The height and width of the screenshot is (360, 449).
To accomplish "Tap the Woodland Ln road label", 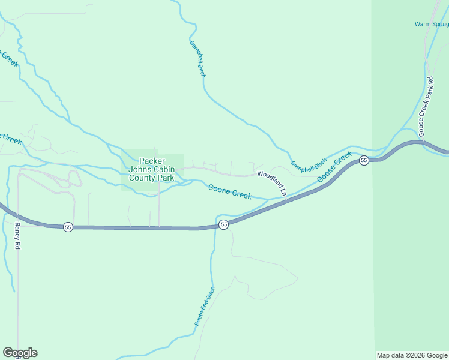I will click(272, 182).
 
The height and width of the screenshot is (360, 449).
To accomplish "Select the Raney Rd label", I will click(17, 237).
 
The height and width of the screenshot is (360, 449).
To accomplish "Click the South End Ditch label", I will click(204, 307).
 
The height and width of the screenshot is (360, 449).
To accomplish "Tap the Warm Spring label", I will click(432, 24).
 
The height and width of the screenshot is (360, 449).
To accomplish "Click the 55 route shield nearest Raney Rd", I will click(68, 227).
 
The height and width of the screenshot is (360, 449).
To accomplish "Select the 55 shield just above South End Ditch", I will click(223, 224).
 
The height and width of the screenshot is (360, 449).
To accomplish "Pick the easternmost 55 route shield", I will click(364, 160).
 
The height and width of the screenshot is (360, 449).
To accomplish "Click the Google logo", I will click(20, 353).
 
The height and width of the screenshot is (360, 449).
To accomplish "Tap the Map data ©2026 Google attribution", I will click(412, 355).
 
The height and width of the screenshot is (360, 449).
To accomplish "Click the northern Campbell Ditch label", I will click(197, 59).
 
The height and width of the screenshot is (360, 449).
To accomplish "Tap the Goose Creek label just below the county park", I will click(229, 192).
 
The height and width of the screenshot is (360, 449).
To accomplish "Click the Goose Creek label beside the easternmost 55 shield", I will click(334, 167).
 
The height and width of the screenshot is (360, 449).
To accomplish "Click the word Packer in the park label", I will click(152, 161).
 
